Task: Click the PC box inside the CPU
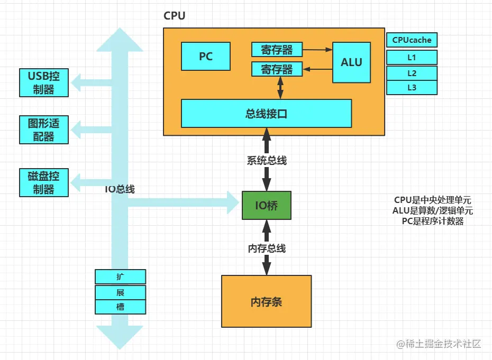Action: pyautogui.click(x=205, y=57)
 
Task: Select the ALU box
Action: pyautogui.click(x=351, y=62)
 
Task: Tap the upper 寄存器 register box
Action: pyautogui.click(x=277, y=50)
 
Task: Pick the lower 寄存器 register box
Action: pyautogui.click(x=277, y=69)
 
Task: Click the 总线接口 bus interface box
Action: pyautogui.click(x=266, y=113)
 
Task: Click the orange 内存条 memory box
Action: pyautogui.click(x=266, y=301)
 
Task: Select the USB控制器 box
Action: pyautogui.click(x=44, y=82)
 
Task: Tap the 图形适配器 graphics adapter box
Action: pyautogui.click(x=44, y=130)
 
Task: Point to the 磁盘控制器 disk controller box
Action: pyautogui.click(x=44, y=182)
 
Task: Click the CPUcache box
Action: pyautogui.click(x=412, y=40)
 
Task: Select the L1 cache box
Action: pyautogui.click(x=412, y=57)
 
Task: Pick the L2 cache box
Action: pyautogui.click(x=412, y=72)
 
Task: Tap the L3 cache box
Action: pyautogui.click(x=412, y=87)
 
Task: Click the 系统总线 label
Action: pyautogui.click(x=267, y=160)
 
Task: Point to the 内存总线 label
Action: pyautogui.click(x=267, y=248)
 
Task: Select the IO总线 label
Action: pyautogui.click(x=120, y=189)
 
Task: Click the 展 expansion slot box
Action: pyautogui.click(x=120, y=292)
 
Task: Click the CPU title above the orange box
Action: pyautogui.click(x=175, y=16)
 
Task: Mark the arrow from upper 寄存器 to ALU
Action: pyautogui.click(x=317, y=50)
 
